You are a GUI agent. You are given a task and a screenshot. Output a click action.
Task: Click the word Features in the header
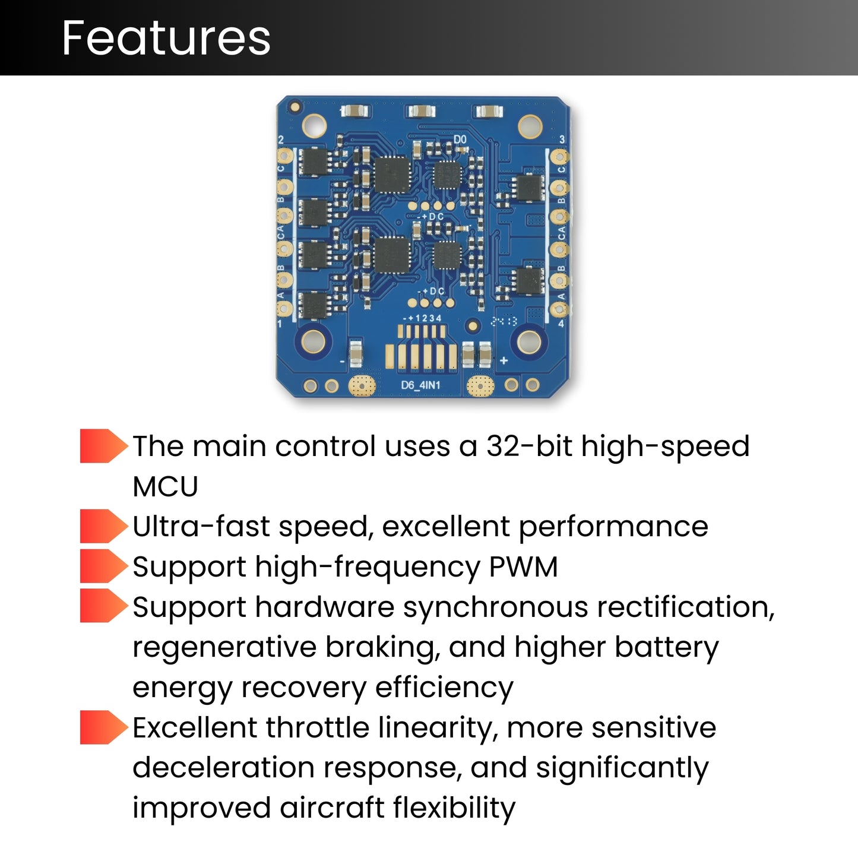166,38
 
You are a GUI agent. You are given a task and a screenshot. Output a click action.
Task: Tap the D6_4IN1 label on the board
420,385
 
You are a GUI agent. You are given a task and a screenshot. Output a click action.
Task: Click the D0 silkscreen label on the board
460,140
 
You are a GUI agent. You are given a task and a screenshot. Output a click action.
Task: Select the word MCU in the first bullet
165,487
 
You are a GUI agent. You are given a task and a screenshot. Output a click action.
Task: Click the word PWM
523,566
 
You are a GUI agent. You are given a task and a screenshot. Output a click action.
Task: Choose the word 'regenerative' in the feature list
224,647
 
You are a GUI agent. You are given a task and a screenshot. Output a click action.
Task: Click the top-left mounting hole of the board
314,125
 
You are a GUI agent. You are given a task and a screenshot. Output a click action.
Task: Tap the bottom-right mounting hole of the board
529,341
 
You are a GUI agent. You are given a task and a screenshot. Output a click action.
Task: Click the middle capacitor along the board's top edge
421,111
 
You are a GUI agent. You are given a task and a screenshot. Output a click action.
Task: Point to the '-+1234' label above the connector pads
422,318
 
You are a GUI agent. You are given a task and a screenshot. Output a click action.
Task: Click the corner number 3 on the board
562,140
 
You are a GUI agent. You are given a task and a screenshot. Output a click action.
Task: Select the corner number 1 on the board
280,324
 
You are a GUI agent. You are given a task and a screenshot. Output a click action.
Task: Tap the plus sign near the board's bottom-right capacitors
504,360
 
